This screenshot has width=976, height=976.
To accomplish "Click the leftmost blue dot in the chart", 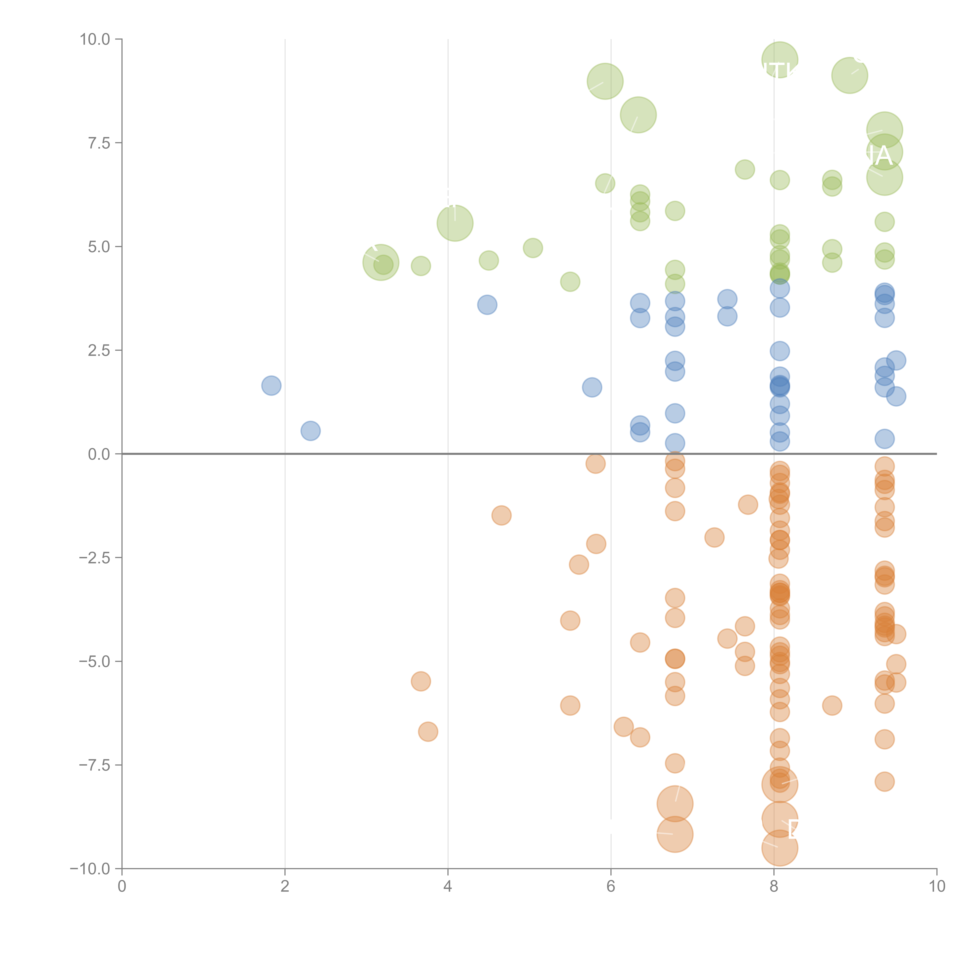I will click(271, 386).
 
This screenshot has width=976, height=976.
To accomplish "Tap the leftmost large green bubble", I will click(381, 262).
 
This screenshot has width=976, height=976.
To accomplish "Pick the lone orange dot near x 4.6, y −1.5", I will click(501, 515).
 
